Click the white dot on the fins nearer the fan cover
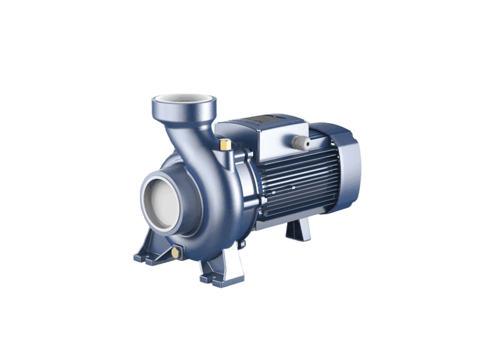[293, 188]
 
